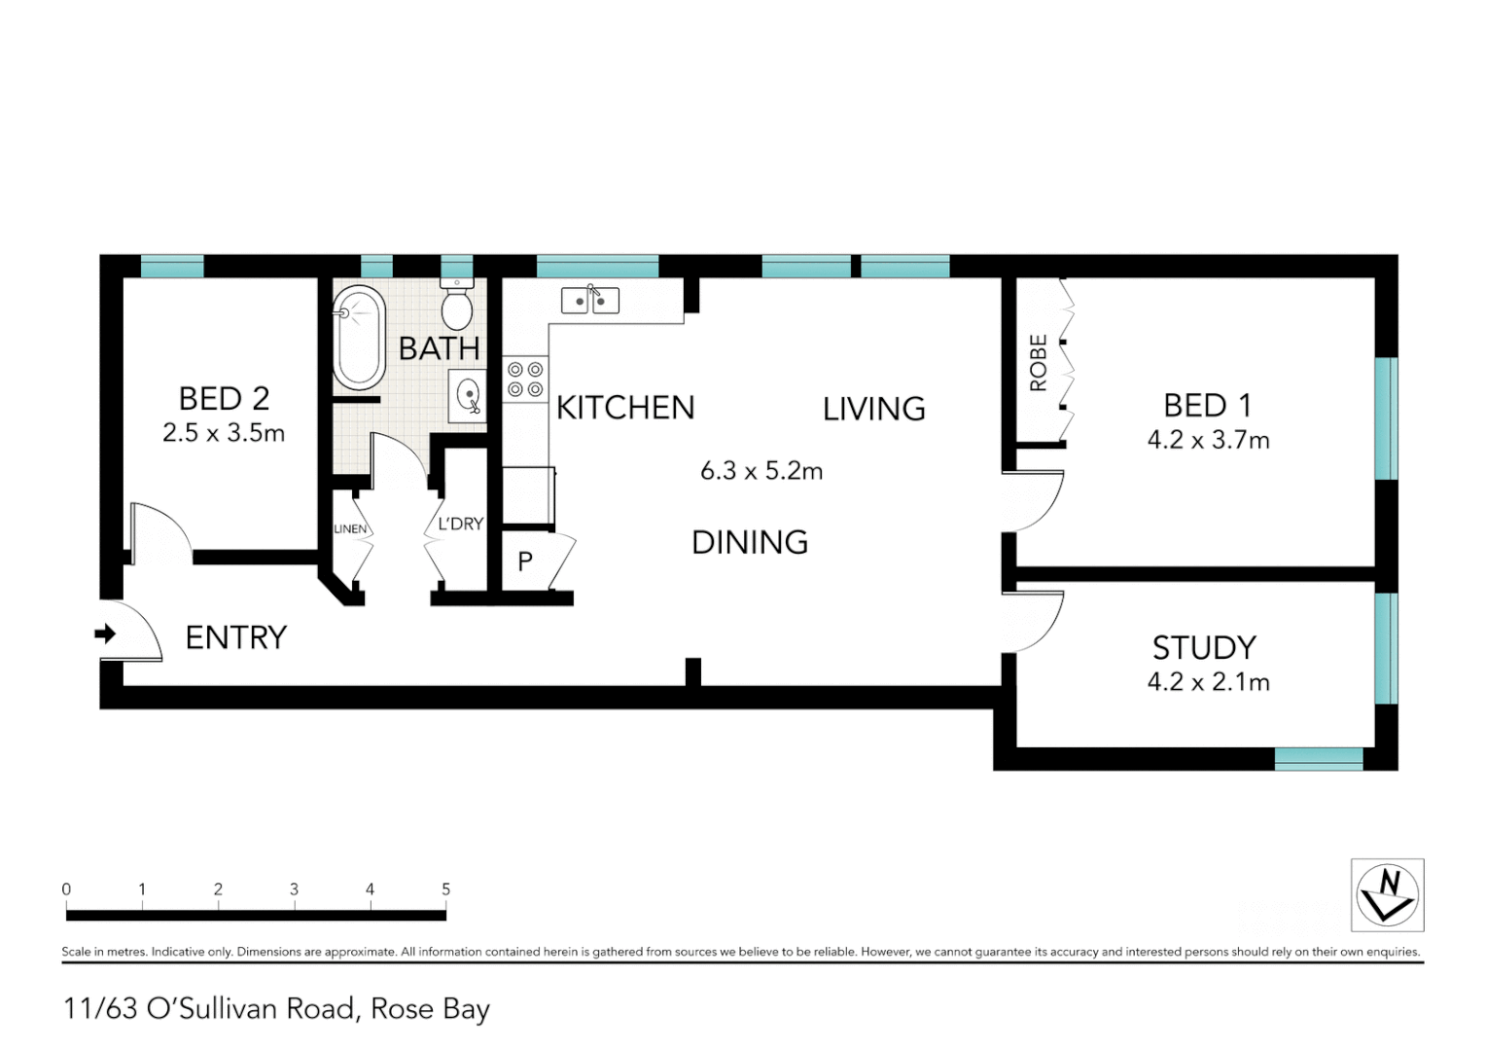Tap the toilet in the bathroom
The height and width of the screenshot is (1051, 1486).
click(456, 305)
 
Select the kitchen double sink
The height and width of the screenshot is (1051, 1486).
click(590, 301)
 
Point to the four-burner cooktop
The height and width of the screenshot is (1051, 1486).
click(525, 380)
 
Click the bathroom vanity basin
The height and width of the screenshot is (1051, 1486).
click(469, 396)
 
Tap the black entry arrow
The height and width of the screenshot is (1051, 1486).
click(105, 634)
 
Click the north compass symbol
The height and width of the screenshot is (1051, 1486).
click(1388, 894)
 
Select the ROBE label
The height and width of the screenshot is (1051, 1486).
click(1039, 362)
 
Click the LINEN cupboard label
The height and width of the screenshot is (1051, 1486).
click(350, 529)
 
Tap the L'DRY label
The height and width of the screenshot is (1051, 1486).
click(460, 524)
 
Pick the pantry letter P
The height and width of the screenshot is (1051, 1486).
click(525, 562)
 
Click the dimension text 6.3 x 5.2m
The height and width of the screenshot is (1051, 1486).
click(761, 471)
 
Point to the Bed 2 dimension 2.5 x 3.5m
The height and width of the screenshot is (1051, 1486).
click(224, 433)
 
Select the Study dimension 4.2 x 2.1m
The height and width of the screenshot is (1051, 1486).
click(1208, 682)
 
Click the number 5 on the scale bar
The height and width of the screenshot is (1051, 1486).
click(446, 889)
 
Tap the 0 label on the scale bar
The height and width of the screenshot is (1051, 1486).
click(66, 889)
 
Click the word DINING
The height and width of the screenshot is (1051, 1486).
click(750, 542)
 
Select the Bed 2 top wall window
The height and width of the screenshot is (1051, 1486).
click(172, 266)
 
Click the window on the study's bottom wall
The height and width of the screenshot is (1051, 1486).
click(1319, 759)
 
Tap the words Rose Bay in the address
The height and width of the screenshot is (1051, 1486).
click(430, 1009)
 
